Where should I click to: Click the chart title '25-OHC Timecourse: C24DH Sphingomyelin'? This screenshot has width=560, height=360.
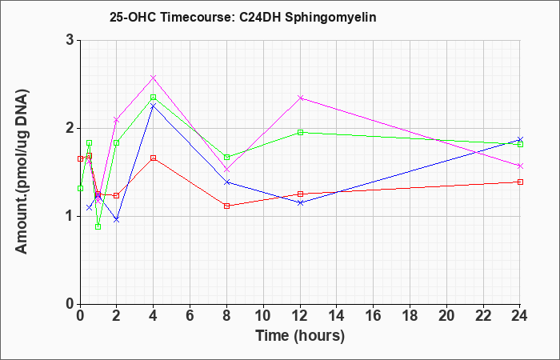(x=243, y=17)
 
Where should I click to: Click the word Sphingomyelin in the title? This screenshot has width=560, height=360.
(x=330, y=18)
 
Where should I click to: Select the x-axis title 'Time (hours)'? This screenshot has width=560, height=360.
(x=300, y=336)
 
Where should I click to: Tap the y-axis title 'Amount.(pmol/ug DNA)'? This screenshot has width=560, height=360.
(x=22, y=171)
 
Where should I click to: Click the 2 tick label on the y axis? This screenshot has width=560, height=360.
(x=70, y=128)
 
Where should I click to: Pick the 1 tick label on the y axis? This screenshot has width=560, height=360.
(x=70, y=216)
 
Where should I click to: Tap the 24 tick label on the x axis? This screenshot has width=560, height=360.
(x=520, y=316)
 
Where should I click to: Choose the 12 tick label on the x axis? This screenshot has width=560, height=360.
(x=300, y=316)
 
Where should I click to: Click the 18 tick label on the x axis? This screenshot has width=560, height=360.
(x=410, y=316)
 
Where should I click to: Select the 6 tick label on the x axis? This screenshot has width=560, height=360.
(x=190, y=316)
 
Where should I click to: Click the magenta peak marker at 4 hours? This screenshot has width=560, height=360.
(x=154, y=78)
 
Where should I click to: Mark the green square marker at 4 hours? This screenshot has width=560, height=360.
(x=154, y=97)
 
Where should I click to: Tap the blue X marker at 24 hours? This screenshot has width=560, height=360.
(x=520, y=139)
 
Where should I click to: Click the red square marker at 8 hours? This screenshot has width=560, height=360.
(x=226, y=206)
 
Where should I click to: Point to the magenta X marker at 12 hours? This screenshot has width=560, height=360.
(x=300, y=98)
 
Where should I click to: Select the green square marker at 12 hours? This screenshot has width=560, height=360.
(x=300, y=132)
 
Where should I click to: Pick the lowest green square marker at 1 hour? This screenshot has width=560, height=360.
(x=98, y=226)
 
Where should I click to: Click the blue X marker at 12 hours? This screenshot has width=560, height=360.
(x=300, y=203)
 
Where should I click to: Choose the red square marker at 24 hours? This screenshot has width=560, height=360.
(x=520, y=182)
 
